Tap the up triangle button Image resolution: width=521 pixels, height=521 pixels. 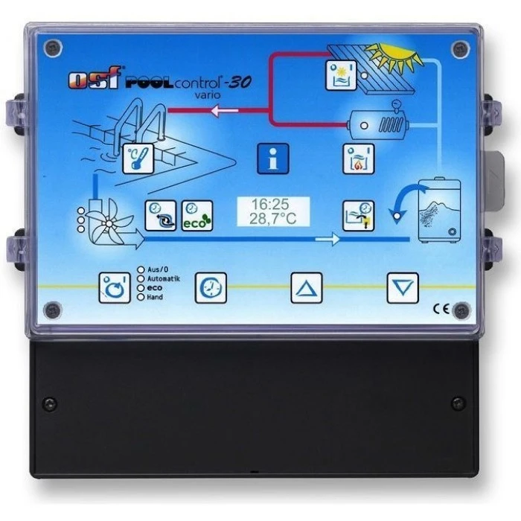click(307, 288)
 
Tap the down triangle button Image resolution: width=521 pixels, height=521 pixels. click(403, 288)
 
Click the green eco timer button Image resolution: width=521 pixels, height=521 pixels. click(197, 216)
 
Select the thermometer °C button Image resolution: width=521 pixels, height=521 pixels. click(138, 159)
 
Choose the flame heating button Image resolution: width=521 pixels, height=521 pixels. click(359, 159)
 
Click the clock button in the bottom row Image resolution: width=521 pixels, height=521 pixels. click(211, 288)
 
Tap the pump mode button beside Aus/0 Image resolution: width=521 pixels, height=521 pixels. click(115, 288)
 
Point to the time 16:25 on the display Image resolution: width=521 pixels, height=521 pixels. click(269, 204)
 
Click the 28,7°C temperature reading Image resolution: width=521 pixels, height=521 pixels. click(272, 219)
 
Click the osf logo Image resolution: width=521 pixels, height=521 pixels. click(95, 78)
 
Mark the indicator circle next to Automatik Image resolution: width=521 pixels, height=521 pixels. click(141, 279)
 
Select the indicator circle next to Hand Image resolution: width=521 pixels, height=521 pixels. click(141, 297)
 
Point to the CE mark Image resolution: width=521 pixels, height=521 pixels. click(441, 309)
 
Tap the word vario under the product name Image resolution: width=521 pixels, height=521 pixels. click(208, 95)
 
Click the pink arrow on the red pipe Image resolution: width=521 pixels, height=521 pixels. click(225, 111)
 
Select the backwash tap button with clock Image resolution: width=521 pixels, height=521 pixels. click(359, 216)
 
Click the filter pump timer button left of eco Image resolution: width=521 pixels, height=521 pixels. click(161, 216)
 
